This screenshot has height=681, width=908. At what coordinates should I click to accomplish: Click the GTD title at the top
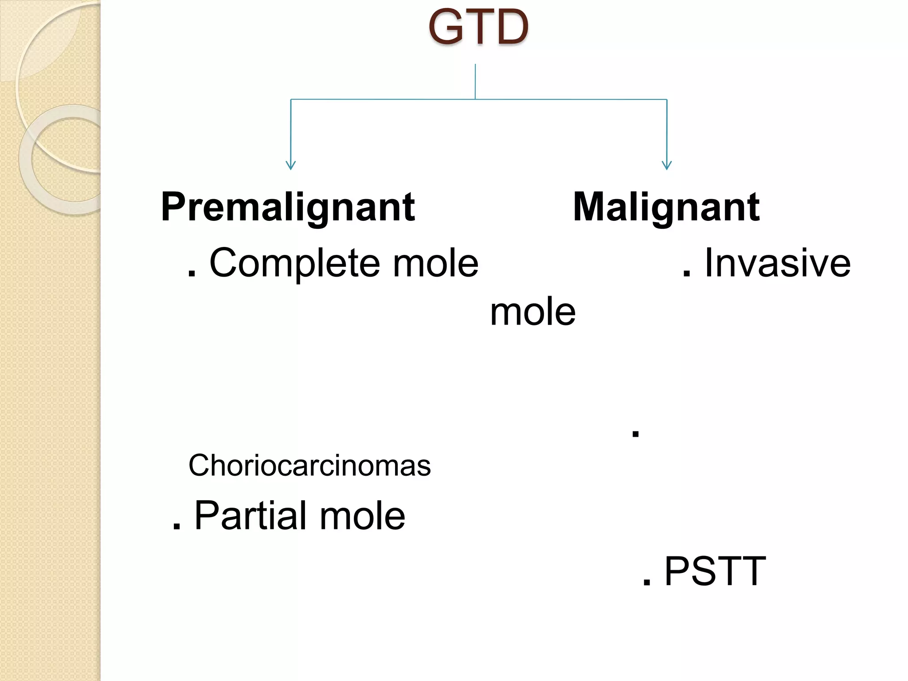click(x=478, y=27)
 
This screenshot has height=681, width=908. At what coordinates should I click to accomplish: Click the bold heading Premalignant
click(x=288, y=207)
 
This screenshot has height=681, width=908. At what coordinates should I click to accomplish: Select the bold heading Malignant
click(x=666, y=207)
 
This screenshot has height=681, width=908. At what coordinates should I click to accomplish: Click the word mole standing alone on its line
click(x=532, y=312)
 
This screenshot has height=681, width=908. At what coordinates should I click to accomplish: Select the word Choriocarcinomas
click(x=309, y=466)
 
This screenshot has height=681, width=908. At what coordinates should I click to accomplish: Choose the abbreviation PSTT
click(x=715, y=572)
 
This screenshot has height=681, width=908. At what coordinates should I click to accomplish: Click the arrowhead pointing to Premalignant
click(x=291, y=165)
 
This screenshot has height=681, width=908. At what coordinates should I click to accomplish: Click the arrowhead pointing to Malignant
click(x=667, y=165)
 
